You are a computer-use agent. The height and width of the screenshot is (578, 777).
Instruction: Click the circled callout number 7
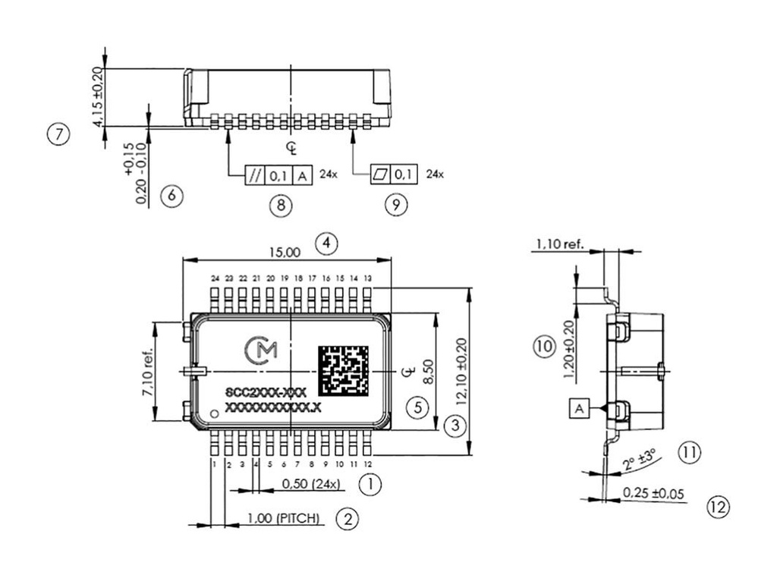58,134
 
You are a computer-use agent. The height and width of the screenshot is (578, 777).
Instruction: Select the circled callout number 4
326,243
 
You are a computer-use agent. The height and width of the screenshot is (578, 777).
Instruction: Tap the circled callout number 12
719,507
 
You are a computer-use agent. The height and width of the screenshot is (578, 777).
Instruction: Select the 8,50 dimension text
428,372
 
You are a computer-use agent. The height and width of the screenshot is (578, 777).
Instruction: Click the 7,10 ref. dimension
147,372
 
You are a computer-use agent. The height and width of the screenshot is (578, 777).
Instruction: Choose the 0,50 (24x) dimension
311,484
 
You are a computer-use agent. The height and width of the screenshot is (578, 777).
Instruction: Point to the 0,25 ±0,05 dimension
653,494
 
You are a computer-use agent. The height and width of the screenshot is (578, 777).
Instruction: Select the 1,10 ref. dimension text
560,244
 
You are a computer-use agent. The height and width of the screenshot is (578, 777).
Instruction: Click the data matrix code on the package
343,371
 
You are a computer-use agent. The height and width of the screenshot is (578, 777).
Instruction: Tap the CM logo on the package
263,350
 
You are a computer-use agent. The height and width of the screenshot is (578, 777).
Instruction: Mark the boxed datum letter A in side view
579,408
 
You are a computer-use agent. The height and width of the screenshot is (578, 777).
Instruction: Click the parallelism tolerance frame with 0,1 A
278,176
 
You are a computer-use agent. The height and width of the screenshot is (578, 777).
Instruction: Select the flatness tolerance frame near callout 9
394,175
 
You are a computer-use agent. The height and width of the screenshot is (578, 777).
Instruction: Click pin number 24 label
215,278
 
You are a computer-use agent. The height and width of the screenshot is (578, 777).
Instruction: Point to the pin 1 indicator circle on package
215,413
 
